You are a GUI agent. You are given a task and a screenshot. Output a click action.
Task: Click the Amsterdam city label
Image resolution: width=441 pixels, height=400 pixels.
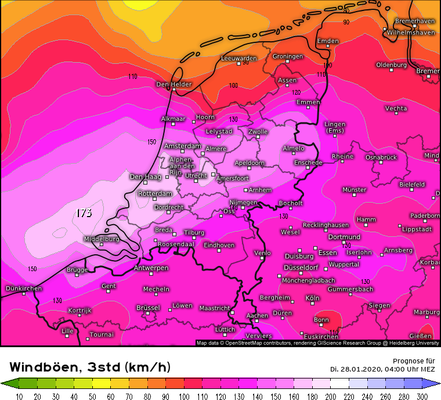pyautogui.click(x=182, y=146)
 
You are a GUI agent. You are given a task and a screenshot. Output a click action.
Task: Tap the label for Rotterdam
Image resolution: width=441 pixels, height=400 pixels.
pyautogui.click(x=156, y=193)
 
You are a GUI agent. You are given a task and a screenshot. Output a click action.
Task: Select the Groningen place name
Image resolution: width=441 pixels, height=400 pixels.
pyautogui.click(x=288, y=56)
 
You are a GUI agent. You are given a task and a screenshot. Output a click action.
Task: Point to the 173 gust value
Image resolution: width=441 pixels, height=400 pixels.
pyautogui.click(x=84, y=213)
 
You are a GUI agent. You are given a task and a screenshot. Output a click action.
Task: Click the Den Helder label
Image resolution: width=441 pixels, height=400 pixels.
pyautogui.click(x=173, y=84)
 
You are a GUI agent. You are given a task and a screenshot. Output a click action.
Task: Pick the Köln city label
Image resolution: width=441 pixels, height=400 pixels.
pyautogui.click(x=312, y=298)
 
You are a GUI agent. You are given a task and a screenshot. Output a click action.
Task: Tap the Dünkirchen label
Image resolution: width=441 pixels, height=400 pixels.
pyautogui.click(x=24, y=289)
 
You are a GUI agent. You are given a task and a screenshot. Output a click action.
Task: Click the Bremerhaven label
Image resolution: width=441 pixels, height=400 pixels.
pyautogui.click(x=414, y=21)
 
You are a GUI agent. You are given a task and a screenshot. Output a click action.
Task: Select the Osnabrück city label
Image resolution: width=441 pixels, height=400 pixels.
pyautogui.click(x=381, y=157)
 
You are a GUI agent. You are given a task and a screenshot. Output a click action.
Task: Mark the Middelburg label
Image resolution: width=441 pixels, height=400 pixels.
pyautogui.click(x=102, y=239)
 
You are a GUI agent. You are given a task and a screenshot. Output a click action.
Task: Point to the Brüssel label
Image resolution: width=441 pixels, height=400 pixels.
pyautogui.click(x=148, y=307)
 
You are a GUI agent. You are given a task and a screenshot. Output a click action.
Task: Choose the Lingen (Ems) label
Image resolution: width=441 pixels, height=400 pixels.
pyautogui.click(x=335, y=127)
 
